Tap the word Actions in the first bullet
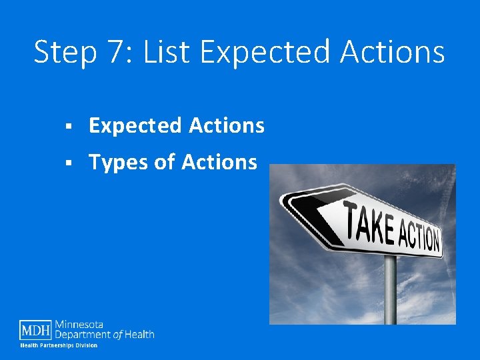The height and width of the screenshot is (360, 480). coord(227,125)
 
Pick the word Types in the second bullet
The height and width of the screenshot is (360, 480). coord(119,162)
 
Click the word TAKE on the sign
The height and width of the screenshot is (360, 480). coord(369,223)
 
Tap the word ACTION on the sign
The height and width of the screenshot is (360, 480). coord(419,237)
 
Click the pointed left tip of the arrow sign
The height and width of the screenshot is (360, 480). coord(282,201)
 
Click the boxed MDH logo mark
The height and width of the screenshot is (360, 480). coord(36,330)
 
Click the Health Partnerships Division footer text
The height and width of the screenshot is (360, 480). coord(59,345)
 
